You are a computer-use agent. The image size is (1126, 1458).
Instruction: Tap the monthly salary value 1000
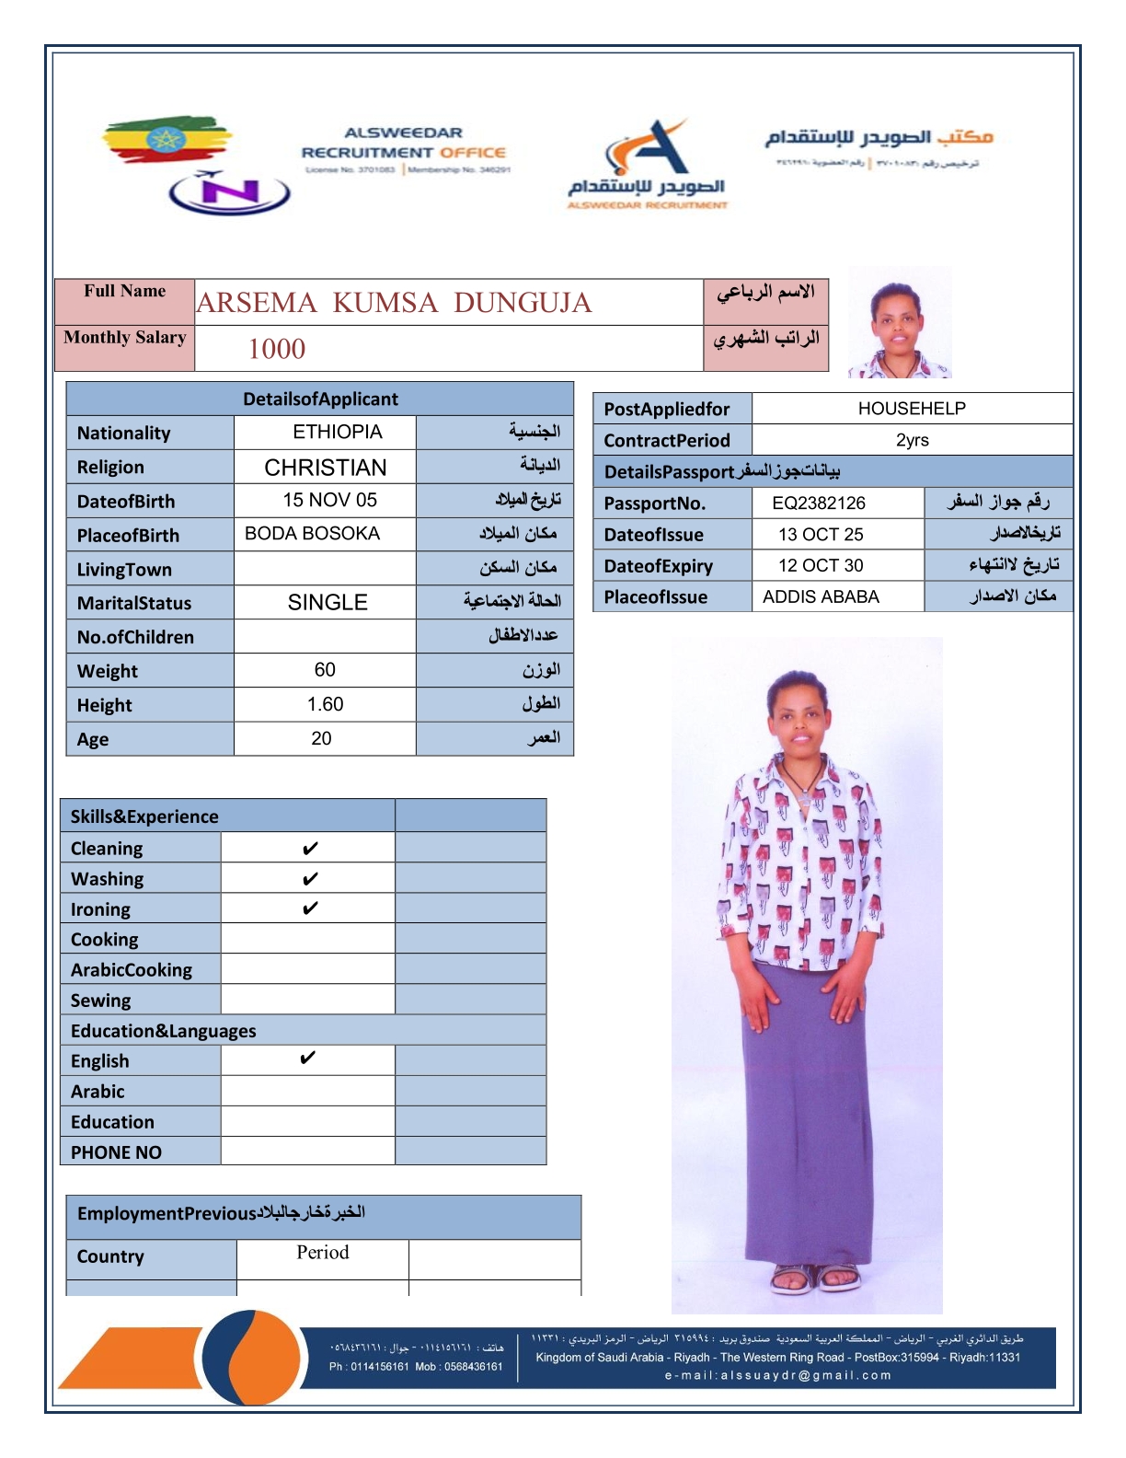tap(277, 349)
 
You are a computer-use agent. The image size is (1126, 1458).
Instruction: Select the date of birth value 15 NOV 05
tap(329, 500)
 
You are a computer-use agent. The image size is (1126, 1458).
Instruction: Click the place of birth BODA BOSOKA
tap(312, 534)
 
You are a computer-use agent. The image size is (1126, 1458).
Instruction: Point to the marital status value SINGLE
tap(327, 603)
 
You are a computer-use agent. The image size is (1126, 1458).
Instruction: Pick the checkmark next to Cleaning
tap(310, 848)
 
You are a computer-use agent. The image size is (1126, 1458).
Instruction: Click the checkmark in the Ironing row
tap(310, 908)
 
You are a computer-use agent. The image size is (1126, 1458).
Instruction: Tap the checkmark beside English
tap(307, 1059)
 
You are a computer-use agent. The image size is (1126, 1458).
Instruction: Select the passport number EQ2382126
tap(819, 503)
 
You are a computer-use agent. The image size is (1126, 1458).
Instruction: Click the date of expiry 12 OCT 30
tap(821, 565)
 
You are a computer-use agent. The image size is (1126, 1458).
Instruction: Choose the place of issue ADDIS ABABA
tap(821, 596)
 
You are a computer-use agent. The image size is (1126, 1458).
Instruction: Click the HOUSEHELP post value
tap(912, 409)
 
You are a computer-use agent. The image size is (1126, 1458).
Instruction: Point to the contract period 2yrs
tap(912, 440)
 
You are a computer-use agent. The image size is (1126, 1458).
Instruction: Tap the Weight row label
tap(108, 671)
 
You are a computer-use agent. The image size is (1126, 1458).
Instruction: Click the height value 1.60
tap(325, 704)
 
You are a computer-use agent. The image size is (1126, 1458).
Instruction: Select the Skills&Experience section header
tap(144, 816)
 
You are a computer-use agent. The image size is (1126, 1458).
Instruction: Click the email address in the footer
tap(778, 1375)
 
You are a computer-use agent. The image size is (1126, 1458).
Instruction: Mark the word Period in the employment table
tap(322, 1252)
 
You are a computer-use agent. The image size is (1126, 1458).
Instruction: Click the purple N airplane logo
tap(229, 191)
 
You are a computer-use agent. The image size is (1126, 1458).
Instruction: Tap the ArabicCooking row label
tap(132, 970)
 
